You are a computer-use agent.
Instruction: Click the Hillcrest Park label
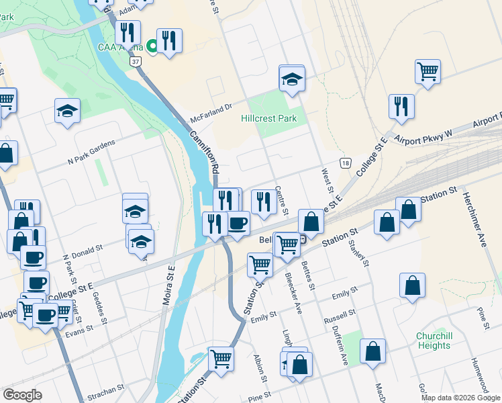pos(268,118)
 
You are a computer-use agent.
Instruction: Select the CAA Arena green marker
pos(152,47)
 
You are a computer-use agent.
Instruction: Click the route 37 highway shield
pos(136,62)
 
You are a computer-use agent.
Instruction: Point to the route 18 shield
pos(345,163)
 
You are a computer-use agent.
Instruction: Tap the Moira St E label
pos(169,285)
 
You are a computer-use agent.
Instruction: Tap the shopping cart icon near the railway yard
pos(428,71)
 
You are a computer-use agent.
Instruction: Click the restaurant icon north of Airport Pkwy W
pos(401,105)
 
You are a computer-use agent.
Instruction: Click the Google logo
pos(22,394)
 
